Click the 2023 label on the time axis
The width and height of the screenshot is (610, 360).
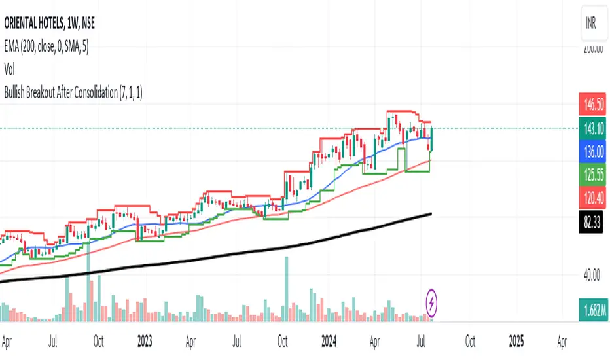click(146, 341)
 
